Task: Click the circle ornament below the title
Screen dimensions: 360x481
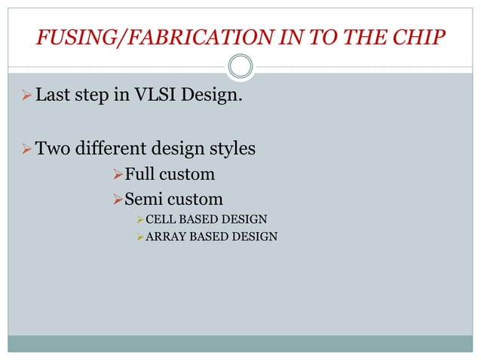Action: (x=240, y=66)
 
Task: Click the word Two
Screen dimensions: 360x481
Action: (x=53, y=149)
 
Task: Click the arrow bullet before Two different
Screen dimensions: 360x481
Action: (x=24, y=149)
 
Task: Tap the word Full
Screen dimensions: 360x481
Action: (x=139, y=175)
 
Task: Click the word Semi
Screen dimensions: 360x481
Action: (x=142, y=200)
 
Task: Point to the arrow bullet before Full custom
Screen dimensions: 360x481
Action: (x=116, y=175)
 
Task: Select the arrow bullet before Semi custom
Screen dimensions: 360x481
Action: (x=116, y=200)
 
